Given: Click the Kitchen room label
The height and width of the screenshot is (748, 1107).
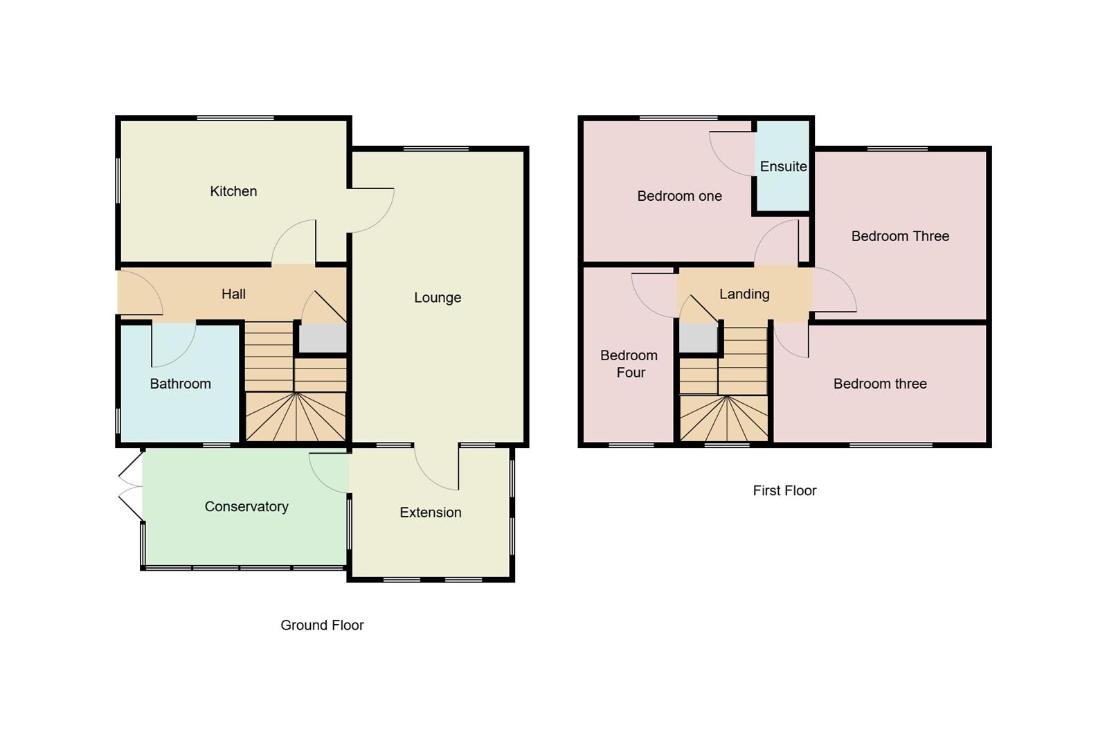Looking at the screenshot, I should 233,191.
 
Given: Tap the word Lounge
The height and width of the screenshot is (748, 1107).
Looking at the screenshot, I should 438,298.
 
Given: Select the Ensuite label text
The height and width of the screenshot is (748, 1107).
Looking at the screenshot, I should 783,166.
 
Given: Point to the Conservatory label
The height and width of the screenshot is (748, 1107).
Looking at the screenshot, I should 246,506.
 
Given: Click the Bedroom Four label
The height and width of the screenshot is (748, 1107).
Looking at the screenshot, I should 629,364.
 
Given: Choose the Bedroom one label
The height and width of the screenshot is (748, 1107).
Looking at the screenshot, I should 679,196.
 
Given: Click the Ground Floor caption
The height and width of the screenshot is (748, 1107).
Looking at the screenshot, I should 322,625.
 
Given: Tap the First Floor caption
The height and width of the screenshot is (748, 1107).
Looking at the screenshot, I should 784,490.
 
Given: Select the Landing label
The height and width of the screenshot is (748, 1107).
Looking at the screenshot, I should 744,294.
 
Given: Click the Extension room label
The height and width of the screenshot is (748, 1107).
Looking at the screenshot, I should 430,513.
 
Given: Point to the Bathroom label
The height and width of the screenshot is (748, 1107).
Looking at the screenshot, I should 180,384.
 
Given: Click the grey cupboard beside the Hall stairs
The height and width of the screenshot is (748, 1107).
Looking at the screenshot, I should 323,339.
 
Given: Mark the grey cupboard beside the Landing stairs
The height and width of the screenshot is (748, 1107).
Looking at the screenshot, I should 698,339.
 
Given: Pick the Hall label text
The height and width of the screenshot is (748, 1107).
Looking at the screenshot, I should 233,294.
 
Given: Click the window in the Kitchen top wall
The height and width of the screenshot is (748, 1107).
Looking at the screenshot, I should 235,118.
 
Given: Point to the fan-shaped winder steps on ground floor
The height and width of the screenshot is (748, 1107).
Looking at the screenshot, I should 296,417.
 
